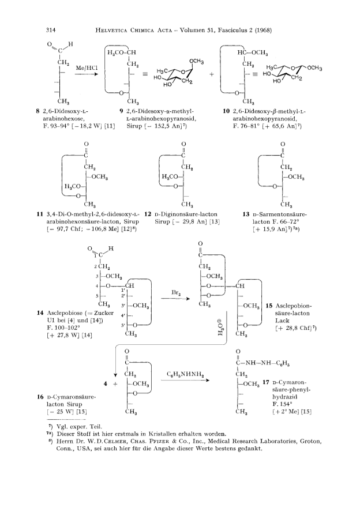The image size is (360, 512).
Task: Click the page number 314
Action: click(51, 31)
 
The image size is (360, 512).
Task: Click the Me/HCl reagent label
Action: click(87, 68)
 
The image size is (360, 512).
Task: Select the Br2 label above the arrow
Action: click(176, 293)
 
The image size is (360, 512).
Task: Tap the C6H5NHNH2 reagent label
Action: click(185, 374)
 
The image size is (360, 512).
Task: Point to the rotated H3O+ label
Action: click(221, 328)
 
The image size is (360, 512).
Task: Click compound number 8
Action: click(38, 111)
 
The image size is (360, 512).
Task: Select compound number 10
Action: click(226, 111)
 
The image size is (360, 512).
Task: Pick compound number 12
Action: click(148, 214)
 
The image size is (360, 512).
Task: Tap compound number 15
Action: click(269, 306)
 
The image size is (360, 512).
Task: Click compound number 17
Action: click(266, 382)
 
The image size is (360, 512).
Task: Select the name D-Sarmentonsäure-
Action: click(280, 214)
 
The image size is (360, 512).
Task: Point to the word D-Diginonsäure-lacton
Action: click(186, 214)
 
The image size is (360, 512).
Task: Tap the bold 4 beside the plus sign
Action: click(106, 383)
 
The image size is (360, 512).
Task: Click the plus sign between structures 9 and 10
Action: click(212, 74)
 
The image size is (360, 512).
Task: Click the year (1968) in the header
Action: click(263, 31)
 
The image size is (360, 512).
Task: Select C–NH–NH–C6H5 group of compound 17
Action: click(262, 363)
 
